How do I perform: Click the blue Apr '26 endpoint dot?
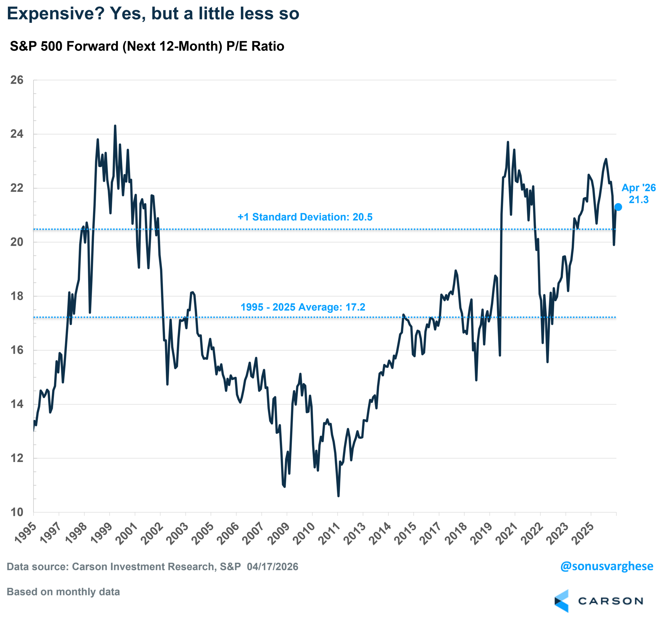(x=618, y=207)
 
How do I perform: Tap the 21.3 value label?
(x=638, y=200)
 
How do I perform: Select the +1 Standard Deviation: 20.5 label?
(x=305, y=217)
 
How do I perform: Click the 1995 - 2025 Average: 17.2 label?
(x=303, y=307)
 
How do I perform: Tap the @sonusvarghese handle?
(x=606, y=566)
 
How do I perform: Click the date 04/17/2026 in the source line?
(x=272, y=567)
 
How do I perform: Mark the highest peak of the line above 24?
(x=115, y=126)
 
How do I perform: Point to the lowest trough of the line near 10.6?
(x=338, y=496)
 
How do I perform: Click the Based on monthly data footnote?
(x=63, y=592)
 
